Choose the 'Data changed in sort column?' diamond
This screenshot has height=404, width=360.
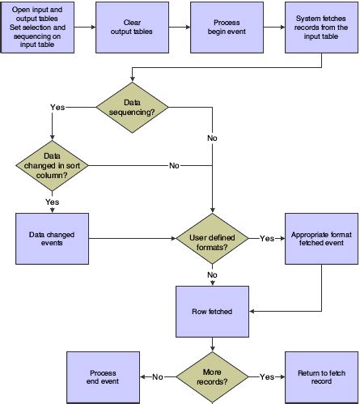[50, 166]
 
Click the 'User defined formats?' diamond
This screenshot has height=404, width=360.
[211, 239]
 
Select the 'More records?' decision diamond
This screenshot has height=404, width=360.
[211, 376]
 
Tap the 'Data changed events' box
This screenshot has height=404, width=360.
[50, 239]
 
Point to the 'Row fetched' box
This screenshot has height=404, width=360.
[211, 310]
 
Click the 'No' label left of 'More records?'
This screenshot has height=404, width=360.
[158, 376]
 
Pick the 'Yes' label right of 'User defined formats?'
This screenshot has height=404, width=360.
[266, 239]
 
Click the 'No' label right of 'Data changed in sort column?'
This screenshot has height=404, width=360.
[174, 166]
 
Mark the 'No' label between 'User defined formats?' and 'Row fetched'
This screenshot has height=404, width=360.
[212, 274]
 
